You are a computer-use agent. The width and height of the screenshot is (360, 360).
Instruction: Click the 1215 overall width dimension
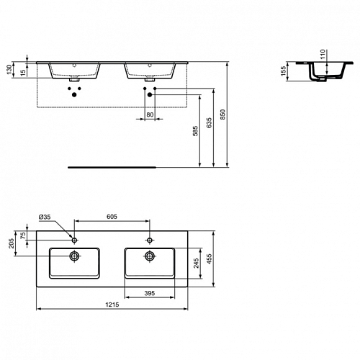tap(112, 305)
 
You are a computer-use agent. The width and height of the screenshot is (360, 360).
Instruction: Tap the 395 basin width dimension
tap(150, 293)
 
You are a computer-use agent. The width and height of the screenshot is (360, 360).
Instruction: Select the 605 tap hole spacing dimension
tap(112, 217)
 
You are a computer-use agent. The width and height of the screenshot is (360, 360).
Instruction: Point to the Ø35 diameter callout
tap(45, 217)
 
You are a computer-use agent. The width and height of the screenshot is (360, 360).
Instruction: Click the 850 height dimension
tap(222, 114)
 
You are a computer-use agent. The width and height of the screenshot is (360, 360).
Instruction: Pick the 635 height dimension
tap(210, 122)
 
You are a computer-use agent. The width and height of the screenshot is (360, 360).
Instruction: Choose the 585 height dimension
tap(196, 131)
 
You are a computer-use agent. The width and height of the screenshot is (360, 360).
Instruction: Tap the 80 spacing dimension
tap(150, 114)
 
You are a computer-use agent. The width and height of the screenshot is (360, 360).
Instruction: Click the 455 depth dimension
tap(210, 259)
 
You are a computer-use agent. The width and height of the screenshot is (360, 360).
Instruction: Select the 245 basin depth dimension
tap(196, 264)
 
